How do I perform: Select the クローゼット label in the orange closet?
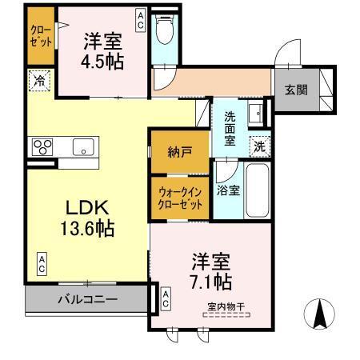tap(42, 36)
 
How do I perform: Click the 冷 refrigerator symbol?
tap(39, 80)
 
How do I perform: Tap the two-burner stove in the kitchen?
tap(42, 147)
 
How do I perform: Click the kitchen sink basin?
tap(83, 147)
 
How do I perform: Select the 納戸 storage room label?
tap(180, 152)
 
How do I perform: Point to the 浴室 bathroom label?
tap(228, 190)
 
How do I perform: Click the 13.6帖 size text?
tap(87, 229)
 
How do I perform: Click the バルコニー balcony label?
tap(87, 299)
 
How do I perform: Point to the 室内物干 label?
tap(227, 305)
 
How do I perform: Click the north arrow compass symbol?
tap(321, 313)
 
